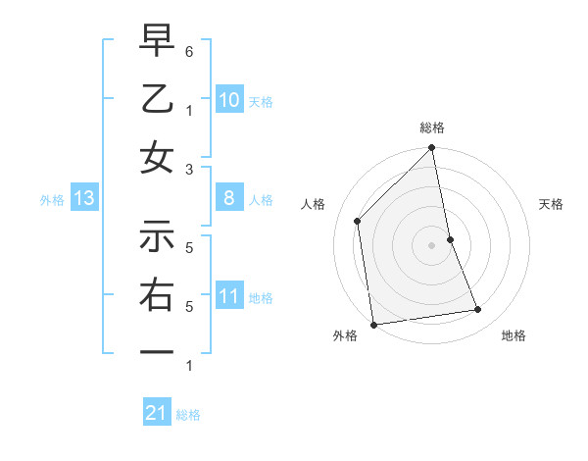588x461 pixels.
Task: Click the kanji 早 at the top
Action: [x=157, y=42]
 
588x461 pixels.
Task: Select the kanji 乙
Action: [x=157, y=99]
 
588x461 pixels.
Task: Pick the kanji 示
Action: [x=157, y=236]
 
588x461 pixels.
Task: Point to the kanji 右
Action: [x=157, y=294]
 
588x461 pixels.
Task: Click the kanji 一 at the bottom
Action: [x=157, y=351]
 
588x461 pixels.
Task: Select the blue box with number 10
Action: [x=228, y=100]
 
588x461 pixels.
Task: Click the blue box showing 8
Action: [x=228, y=199]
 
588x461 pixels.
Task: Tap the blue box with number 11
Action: [x=228, y=296]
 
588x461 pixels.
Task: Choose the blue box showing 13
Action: [x=83, y=199]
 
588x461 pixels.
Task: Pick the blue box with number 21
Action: [x=157, y=413]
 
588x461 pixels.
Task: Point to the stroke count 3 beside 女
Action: [x=188, y=168]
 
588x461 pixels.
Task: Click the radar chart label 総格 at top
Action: [x=432, y=128]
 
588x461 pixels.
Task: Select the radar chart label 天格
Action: [x=552, y=204]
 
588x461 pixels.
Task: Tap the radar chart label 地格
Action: [x=514, y=335]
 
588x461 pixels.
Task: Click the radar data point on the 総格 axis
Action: [x=432, y=149]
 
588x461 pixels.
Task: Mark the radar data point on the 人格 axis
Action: [x=358, y=221]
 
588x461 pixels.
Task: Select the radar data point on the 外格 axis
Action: [x=373, y=324]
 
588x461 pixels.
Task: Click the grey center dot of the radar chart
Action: [x=432, y=245]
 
